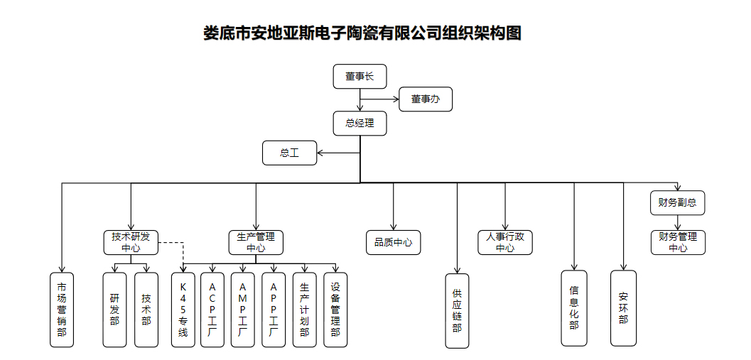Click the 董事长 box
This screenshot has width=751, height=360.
(360, 77)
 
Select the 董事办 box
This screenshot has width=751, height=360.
(426, 100)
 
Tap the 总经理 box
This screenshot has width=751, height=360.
(360, 124)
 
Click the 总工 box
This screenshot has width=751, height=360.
(289, 153)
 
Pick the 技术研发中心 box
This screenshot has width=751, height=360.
(131, 242)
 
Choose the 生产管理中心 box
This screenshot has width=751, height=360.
(256, 242)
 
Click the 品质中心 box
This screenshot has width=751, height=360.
(393, 242)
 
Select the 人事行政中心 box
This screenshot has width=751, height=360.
(505, 242)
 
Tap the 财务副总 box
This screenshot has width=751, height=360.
(678, 203)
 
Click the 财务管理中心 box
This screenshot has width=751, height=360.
(678, 242)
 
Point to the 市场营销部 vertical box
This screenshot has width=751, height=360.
(62, 309)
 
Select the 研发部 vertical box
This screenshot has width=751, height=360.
(114, 309)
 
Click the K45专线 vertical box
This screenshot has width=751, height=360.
(183, 309)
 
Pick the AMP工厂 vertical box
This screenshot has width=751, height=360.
(243, 309)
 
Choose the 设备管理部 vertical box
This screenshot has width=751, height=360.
(335, 309)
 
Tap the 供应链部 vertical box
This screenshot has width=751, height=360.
(458, 310)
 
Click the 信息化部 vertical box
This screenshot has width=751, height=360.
(574, 307)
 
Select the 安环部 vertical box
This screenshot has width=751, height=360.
(623, 307)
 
